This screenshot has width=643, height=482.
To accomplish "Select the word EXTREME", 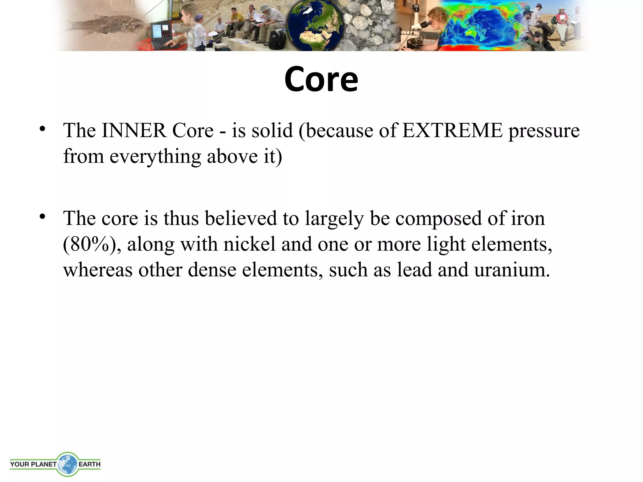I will click(x=452, y=131).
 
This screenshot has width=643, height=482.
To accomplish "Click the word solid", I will click(x=272, y=131).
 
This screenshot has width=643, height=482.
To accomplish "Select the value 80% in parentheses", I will click(x=89, y=244).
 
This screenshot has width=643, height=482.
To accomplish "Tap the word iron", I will click(x=528, y=218).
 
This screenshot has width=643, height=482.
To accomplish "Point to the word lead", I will click(x=414, y=270).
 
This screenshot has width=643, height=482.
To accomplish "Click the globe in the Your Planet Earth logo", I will click(x=67, y=464).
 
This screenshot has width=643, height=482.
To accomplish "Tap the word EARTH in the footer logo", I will click(x=89, y=464).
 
